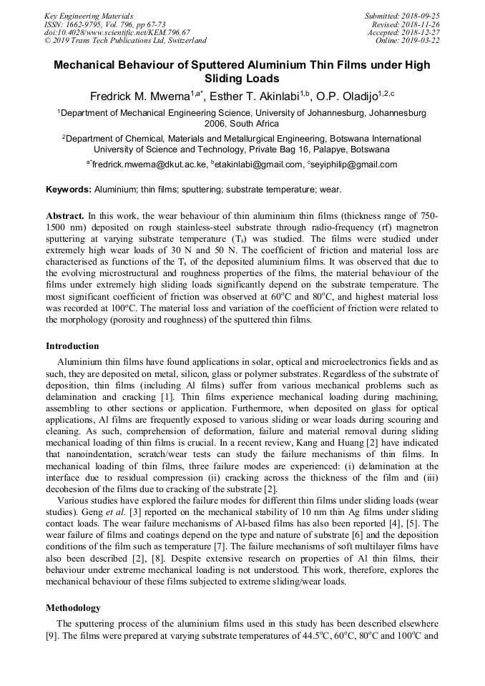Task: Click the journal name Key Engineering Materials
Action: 89,15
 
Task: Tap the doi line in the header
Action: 117,32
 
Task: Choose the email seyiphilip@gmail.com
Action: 355,165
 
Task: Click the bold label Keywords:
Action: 69,190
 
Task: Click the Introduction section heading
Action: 72,346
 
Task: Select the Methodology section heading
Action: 73,608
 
